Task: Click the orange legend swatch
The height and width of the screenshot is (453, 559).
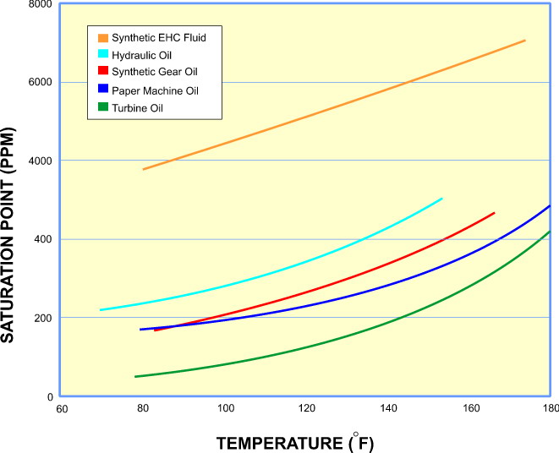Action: (103, 37)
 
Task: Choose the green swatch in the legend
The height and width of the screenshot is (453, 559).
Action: (103, 107)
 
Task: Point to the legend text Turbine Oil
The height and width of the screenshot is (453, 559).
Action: (136, 107)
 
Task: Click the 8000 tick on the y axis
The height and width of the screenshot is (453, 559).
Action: (41, 5)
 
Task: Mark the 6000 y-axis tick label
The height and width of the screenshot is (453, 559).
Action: (41, 83)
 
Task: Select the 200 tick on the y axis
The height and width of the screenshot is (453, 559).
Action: (43, 319)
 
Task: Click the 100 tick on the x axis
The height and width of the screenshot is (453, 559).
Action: (227, 409)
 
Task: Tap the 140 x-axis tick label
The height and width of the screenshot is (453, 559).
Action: (389, 409)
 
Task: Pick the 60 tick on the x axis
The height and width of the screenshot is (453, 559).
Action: (62, 409)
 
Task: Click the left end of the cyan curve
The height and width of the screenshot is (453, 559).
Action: (101, 310)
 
